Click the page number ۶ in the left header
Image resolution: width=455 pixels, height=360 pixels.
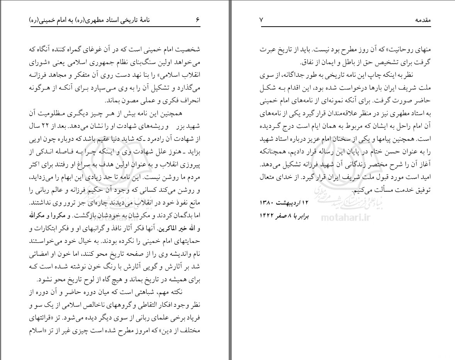197,20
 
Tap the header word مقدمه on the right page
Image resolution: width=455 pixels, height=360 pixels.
422,20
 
